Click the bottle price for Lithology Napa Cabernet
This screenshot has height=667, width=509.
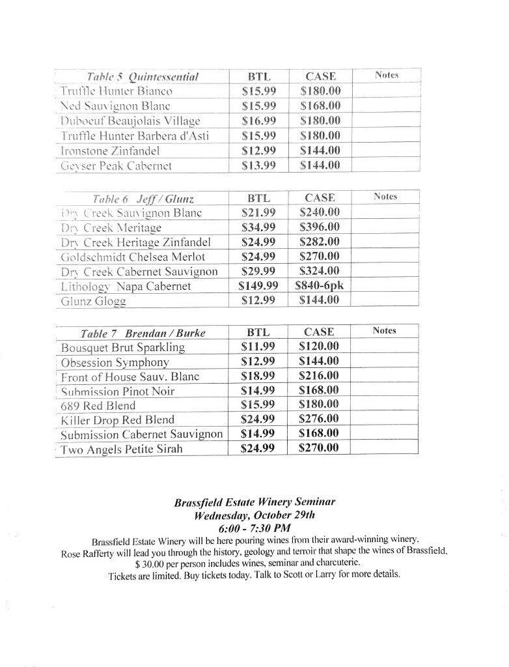click(259, 286)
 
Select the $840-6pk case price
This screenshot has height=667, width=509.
click(319, 286)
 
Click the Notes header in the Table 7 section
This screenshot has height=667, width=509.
click(385, 331)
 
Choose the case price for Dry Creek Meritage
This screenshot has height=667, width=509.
click(319, 227)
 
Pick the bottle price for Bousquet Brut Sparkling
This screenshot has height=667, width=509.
click(258, 347)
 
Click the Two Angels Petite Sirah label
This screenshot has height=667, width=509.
click(122, 449)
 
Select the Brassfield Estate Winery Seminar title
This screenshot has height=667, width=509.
click(255, 502)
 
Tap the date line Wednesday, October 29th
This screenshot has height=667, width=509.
click(255, 515)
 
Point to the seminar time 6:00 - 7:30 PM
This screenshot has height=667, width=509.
click(255, 528)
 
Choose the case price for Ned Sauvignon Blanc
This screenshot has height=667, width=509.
click(320, 106)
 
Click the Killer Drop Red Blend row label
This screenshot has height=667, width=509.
click(117, 420)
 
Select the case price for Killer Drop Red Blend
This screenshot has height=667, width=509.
click(319, 419)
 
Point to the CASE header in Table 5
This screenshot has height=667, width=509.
click(320, 77)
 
